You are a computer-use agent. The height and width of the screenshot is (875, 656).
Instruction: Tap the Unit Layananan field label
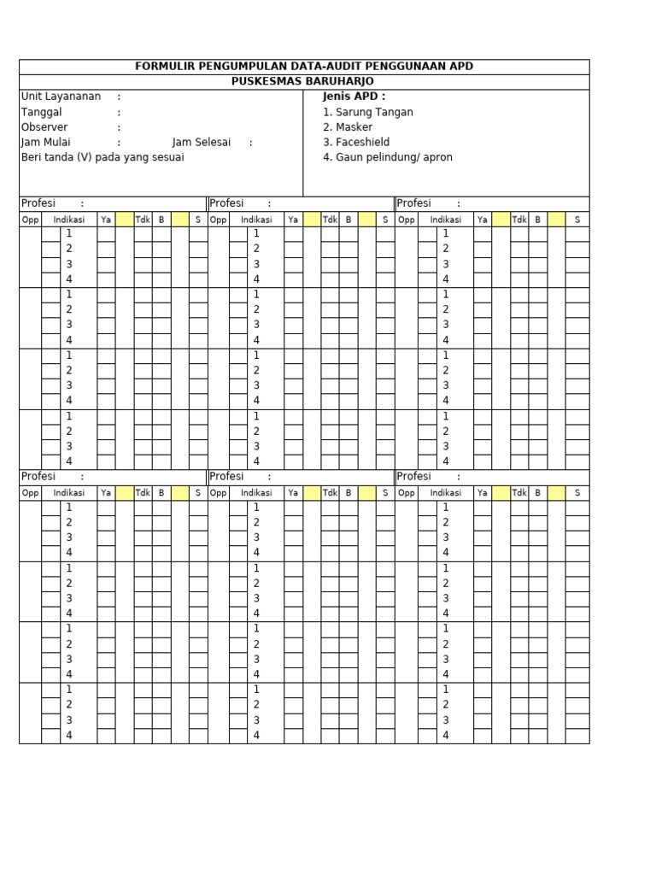pyautogui.click(x=61, y=97)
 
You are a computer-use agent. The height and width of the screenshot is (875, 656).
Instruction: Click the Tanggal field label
pyautogui.click(x=41, y=112)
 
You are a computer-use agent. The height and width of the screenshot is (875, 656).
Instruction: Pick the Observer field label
pyautogui.click(x=44, y=127)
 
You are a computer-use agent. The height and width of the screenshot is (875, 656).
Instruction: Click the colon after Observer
pyautogui.click(x=119, y=127)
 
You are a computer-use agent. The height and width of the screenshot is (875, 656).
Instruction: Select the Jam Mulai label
pyautogui.click(x=46, y=143)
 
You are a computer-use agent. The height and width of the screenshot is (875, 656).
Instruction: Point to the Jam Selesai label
pyautogui.click(x=202, y=143)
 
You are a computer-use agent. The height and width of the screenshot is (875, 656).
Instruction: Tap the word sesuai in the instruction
pyautogui.click(x=167, y=157)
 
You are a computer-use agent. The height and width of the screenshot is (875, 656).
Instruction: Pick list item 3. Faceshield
pyautogui.click(x=356, y=143)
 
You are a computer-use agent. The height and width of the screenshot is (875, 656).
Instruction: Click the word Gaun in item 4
pyautogui.click(x=348, y=157)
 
